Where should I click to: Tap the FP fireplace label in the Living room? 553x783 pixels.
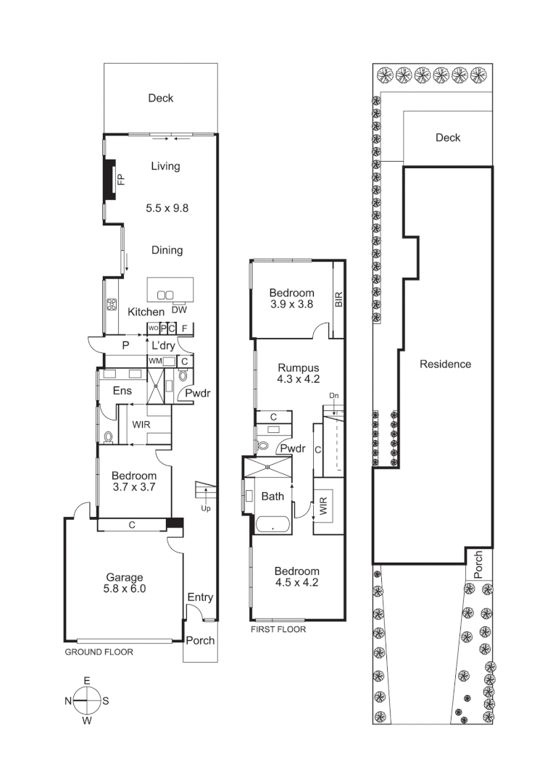tap(121, 179)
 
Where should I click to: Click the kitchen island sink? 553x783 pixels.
tap(165, 294)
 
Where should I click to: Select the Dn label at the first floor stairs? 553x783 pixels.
tap(333, 396)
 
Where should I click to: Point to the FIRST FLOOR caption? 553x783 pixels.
tap(278, 629)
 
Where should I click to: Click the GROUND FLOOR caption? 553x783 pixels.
tap(99, 652)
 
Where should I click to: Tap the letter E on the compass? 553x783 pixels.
tap(87, 681)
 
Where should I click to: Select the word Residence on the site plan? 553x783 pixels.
tap(445, 364)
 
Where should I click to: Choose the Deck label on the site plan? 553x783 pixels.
tap(447, 138)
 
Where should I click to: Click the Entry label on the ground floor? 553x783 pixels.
tap(200, 597)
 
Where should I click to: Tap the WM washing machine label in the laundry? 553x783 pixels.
tap(154, 360)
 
